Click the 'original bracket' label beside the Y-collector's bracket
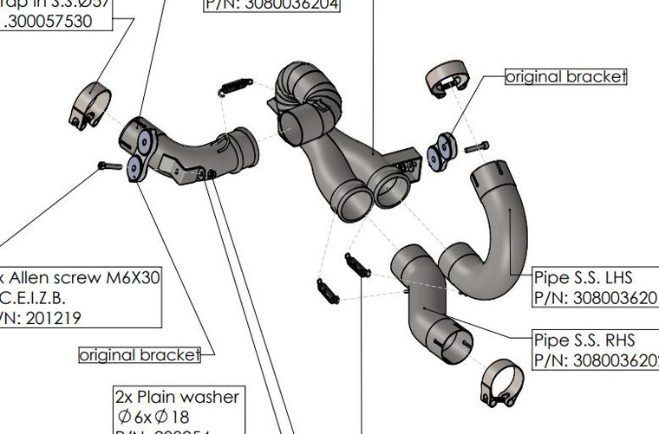point(565,76)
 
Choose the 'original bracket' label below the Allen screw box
point(139,354)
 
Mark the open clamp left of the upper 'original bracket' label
point(447,79)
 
